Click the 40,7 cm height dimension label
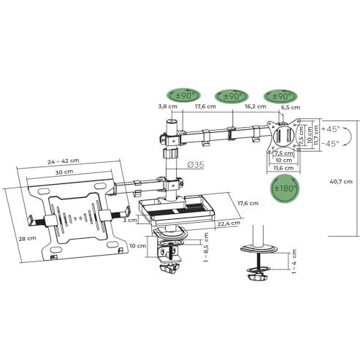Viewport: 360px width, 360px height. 340,182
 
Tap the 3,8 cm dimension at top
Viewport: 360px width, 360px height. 167,106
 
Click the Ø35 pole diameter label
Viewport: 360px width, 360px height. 195,165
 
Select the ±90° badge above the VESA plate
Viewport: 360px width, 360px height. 280,96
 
